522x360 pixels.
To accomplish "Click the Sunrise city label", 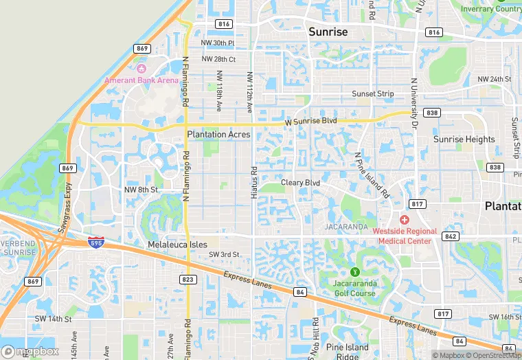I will click(x=328, y=32).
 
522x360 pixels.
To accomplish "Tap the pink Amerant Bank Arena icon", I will click(x=142, y=69).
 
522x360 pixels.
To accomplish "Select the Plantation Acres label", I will click(x=218, y=135).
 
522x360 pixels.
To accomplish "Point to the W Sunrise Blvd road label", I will click(x=311, y=121).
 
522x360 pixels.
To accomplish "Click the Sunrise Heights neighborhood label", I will click(x=464, y=139).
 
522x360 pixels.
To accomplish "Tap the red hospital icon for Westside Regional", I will click(x=404, y=219).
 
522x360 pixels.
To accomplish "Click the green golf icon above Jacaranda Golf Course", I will click(x=354, y=273).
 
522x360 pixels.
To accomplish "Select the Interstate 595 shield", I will click(x=96, y=242).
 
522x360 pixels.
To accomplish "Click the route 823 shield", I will click(x=188, y=280).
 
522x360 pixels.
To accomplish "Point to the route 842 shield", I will click(x=451, y=236).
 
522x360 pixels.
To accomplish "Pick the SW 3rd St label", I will click(x=224, y=255).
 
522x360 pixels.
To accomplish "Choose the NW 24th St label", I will click(x=495, y=80).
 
